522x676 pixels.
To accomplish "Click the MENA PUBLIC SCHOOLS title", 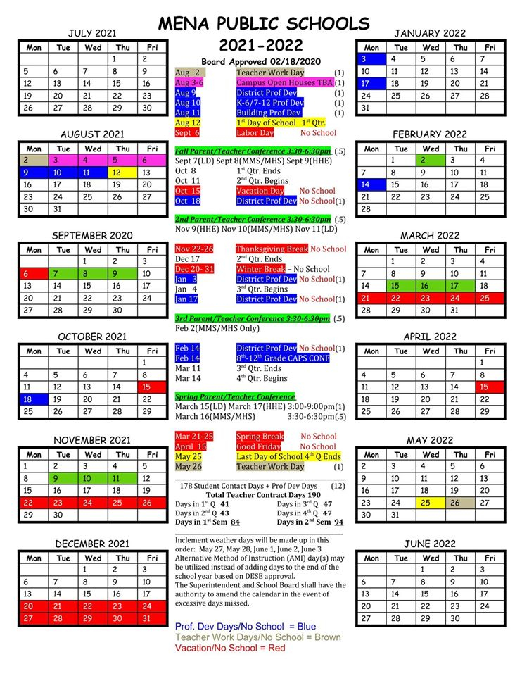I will [x=263, y=23].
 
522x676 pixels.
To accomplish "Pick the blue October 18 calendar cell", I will [x=33, y=399].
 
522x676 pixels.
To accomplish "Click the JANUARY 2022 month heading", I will [x=430, y=33].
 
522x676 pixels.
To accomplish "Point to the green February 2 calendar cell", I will [x=430, y=160].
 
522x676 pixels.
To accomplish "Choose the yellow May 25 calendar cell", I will [x=430, y=503].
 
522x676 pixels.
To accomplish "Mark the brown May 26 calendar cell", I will [x=459, y=503].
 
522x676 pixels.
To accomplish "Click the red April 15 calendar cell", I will [x=490, y=387].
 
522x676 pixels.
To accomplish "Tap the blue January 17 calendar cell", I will [x=370, y=83].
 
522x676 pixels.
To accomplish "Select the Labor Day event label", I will [x=255, y=132].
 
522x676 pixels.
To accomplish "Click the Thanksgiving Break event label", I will [x=272, y=249].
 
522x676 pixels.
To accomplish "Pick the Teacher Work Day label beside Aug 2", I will [x=270, y=73].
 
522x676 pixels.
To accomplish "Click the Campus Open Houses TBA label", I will [x=284, y=82].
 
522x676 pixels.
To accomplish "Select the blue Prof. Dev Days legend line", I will [x=246, y=626].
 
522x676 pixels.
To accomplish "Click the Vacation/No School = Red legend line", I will [x=230, y=647].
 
